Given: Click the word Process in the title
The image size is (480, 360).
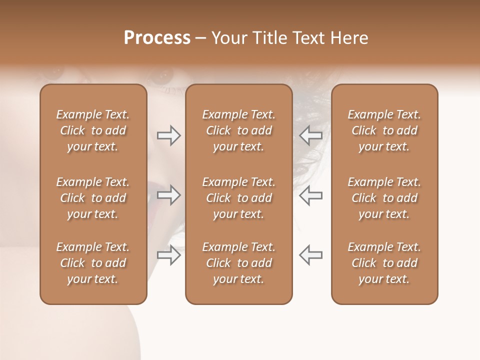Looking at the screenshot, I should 157,38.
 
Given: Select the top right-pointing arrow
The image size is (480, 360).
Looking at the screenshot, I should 168,135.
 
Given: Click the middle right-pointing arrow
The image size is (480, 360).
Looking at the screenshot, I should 168,195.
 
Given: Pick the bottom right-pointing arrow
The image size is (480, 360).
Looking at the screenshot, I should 168,254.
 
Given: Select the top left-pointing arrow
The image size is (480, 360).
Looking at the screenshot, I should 310,135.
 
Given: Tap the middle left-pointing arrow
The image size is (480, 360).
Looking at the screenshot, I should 310,195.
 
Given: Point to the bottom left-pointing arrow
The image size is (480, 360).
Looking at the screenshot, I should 310,254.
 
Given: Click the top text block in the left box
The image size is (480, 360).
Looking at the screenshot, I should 93,130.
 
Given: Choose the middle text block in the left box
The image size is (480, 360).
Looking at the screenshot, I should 93,198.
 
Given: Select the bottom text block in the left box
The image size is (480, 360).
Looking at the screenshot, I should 93,263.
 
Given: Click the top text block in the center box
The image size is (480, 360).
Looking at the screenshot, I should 238,130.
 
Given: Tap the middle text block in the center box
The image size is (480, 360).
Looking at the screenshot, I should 238,198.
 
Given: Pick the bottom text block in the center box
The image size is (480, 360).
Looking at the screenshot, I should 238,263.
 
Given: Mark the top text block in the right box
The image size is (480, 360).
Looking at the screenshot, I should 384,130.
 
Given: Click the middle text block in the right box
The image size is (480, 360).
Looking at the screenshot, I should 384,198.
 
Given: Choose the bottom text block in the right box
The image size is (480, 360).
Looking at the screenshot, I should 384,263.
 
